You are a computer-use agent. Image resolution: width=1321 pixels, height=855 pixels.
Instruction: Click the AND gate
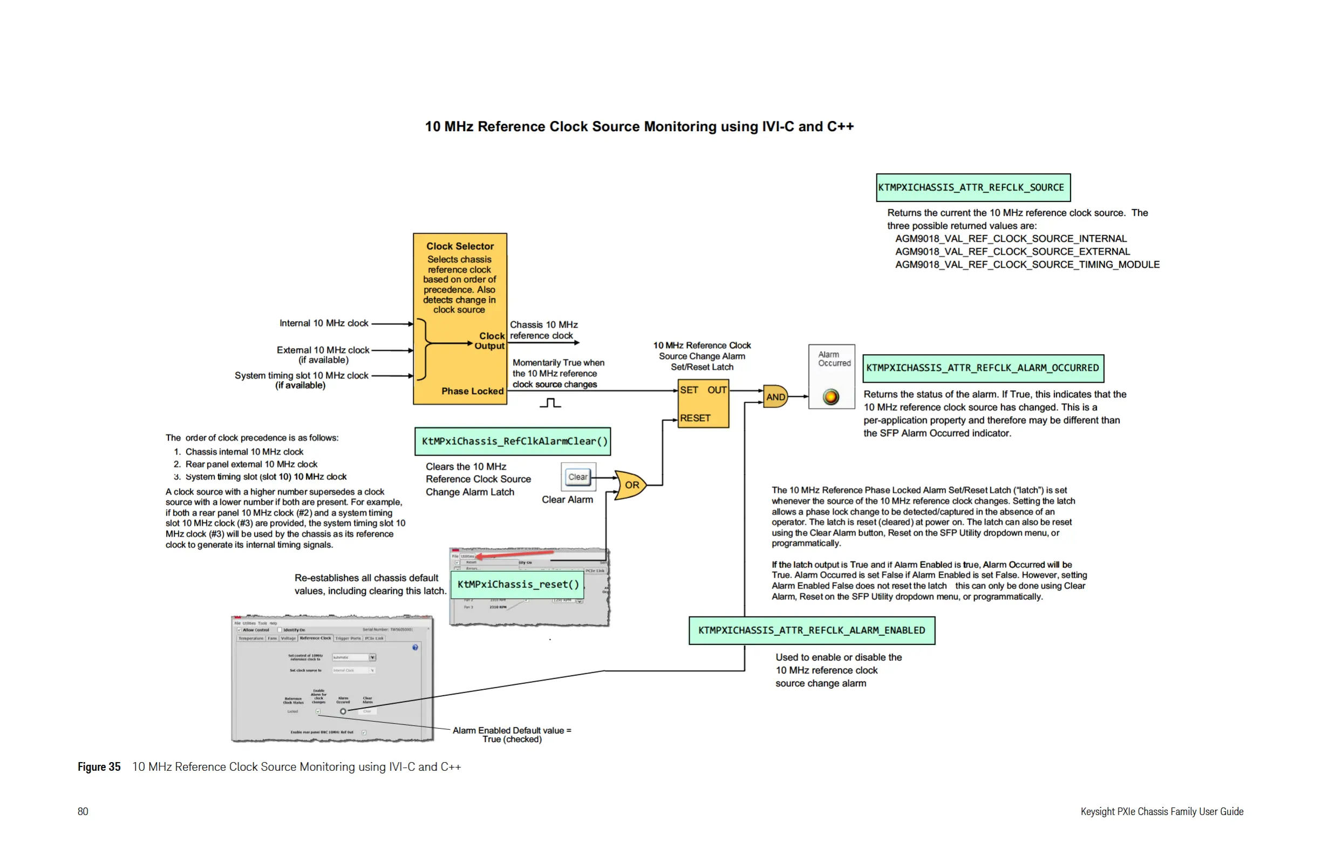click(775, 396)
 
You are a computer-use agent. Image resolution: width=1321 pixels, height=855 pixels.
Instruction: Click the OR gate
click(631, 485)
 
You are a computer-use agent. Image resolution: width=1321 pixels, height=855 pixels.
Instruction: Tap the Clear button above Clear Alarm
click(577, 477)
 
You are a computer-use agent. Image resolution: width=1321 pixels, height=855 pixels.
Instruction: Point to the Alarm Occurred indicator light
click(830, 396)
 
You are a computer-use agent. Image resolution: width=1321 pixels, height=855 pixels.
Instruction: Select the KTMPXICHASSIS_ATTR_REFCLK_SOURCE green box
click(972, 188)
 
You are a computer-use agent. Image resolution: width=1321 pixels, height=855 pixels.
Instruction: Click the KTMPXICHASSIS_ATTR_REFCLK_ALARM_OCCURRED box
click(983, 368)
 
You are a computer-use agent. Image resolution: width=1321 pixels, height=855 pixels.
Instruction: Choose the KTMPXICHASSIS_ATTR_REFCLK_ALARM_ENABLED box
click(812, 630)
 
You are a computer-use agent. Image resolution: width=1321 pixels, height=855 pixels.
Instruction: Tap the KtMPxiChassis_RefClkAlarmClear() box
click(512, 442)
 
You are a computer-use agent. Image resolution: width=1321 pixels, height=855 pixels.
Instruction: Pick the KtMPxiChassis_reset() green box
click(517, 584)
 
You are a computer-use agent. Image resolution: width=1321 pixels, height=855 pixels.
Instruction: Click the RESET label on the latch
click(695, 418)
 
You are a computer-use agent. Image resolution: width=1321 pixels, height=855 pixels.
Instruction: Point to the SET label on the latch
click(689, 390)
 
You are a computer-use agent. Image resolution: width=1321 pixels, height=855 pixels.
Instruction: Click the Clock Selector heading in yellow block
click(460, 246)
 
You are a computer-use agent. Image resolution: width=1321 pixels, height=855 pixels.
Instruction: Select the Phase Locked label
click(472, 391)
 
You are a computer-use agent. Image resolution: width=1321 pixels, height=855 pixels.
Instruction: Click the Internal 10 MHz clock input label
click(324, 323)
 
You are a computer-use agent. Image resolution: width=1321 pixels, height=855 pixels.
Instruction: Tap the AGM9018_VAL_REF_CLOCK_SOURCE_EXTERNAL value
click(1012, 252)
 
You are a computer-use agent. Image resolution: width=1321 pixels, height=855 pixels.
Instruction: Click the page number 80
click(83, 811)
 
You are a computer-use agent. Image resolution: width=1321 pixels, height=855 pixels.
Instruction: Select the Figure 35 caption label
click(99, 766)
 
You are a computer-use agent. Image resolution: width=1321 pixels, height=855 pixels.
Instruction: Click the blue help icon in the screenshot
click(414, 647)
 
